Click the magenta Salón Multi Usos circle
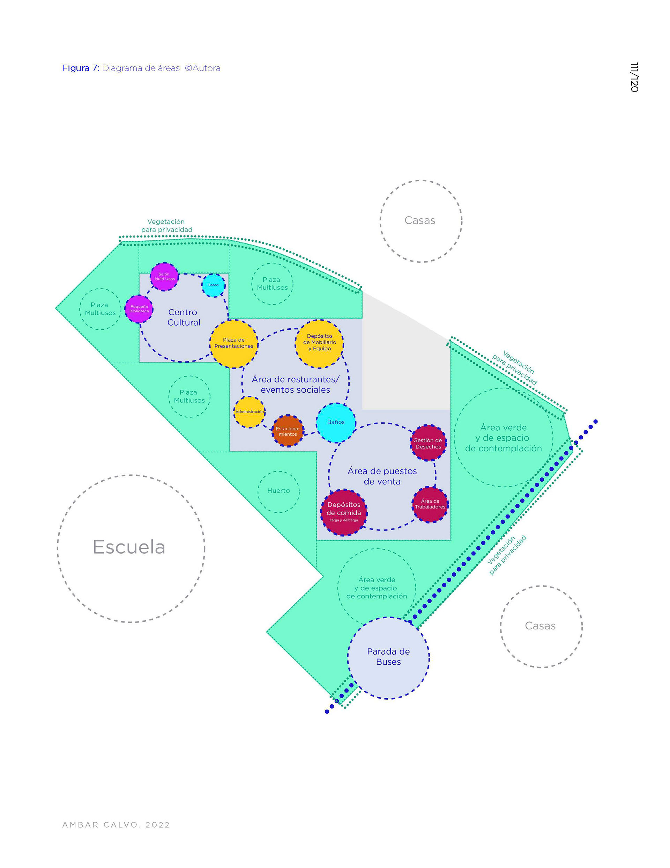pos(164,277)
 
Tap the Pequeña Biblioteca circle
pos(139,309)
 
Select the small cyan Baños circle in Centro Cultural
pos(213,285)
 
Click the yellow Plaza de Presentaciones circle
pos(233,343)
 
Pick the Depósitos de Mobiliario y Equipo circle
pos(319,343)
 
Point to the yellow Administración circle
pos(250,412)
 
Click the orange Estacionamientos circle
pos(288,431)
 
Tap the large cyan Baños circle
pos(336,423)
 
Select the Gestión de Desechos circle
pos(428,443)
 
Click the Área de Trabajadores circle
pos(430,504)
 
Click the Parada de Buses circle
pos(388,657)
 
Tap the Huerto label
pos(278,491)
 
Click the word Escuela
pos(129,547)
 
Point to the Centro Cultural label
pos(183,318)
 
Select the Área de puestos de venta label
pos(382,476)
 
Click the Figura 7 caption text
pos(141,68)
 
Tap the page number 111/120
pos(634,77)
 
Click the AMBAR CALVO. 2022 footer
pos(116,825)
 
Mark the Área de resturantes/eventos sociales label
pos(296,385)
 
